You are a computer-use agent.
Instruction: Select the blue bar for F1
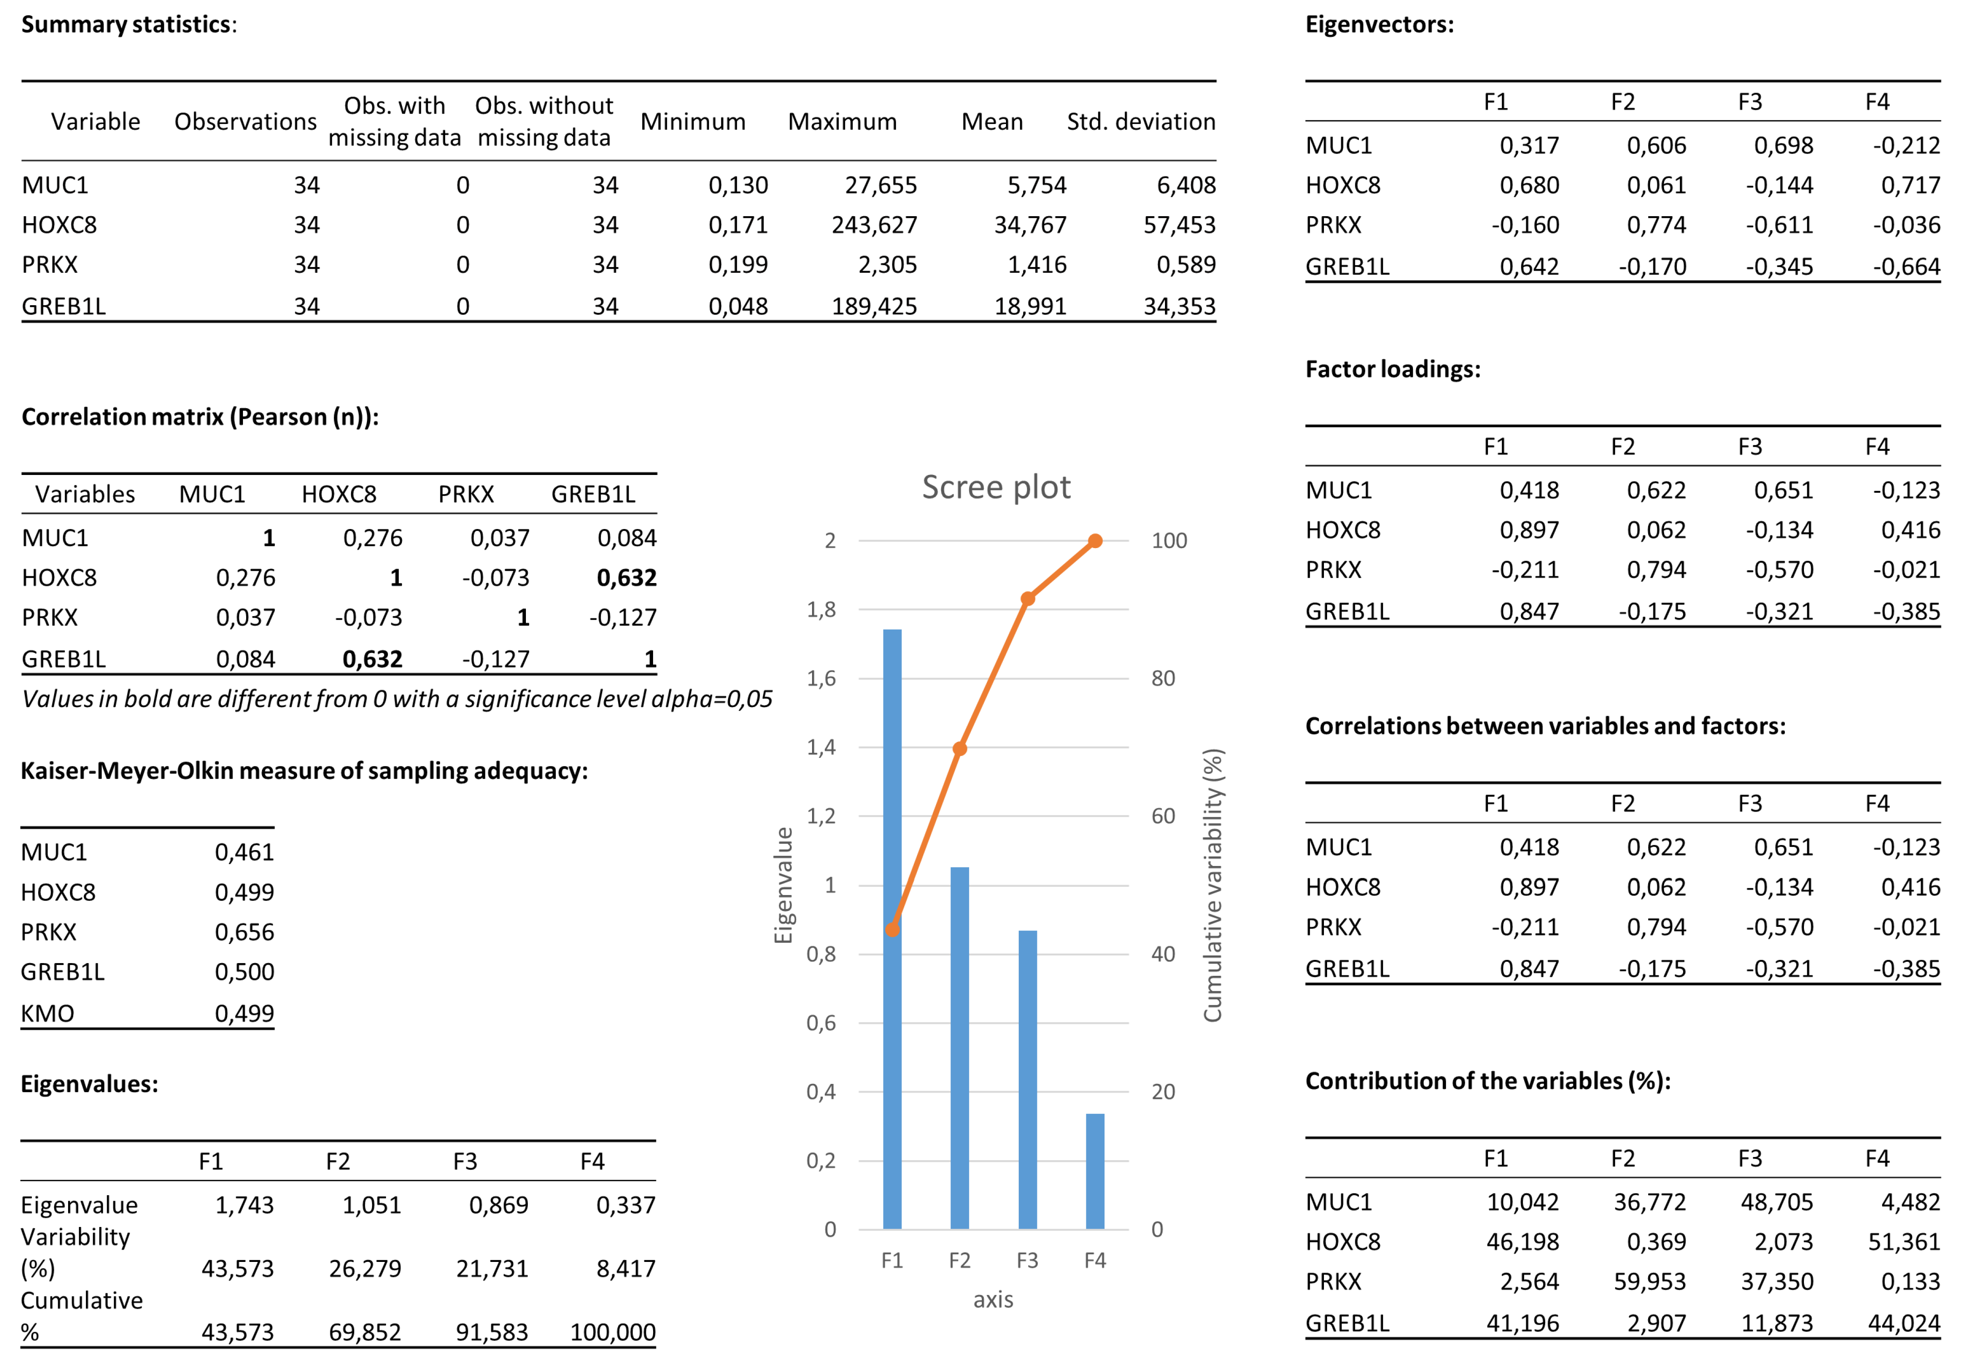(x=892, y=929)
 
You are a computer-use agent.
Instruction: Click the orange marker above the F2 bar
(x=960, y=749)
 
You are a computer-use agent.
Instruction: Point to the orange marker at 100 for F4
(x=1095, y=541)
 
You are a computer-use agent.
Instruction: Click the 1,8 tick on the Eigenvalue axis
(x=822, y=609)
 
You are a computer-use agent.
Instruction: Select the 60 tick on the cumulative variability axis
(x=1163, y=816)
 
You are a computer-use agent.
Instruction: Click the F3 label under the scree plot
(x=1027, y=1260)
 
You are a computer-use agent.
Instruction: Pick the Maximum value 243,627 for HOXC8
(x=874, y=225)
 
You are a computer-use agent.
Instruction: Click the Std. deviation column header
(x=1140, y=122)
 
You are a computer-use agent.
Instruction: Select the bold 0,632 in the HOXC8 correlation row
(x=626, y=578)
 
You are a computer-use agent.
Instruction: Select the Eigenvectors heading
(x=1379, y=25)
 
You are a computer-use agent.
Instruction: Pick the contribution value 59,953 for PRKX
(x=1649, y=1281)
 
